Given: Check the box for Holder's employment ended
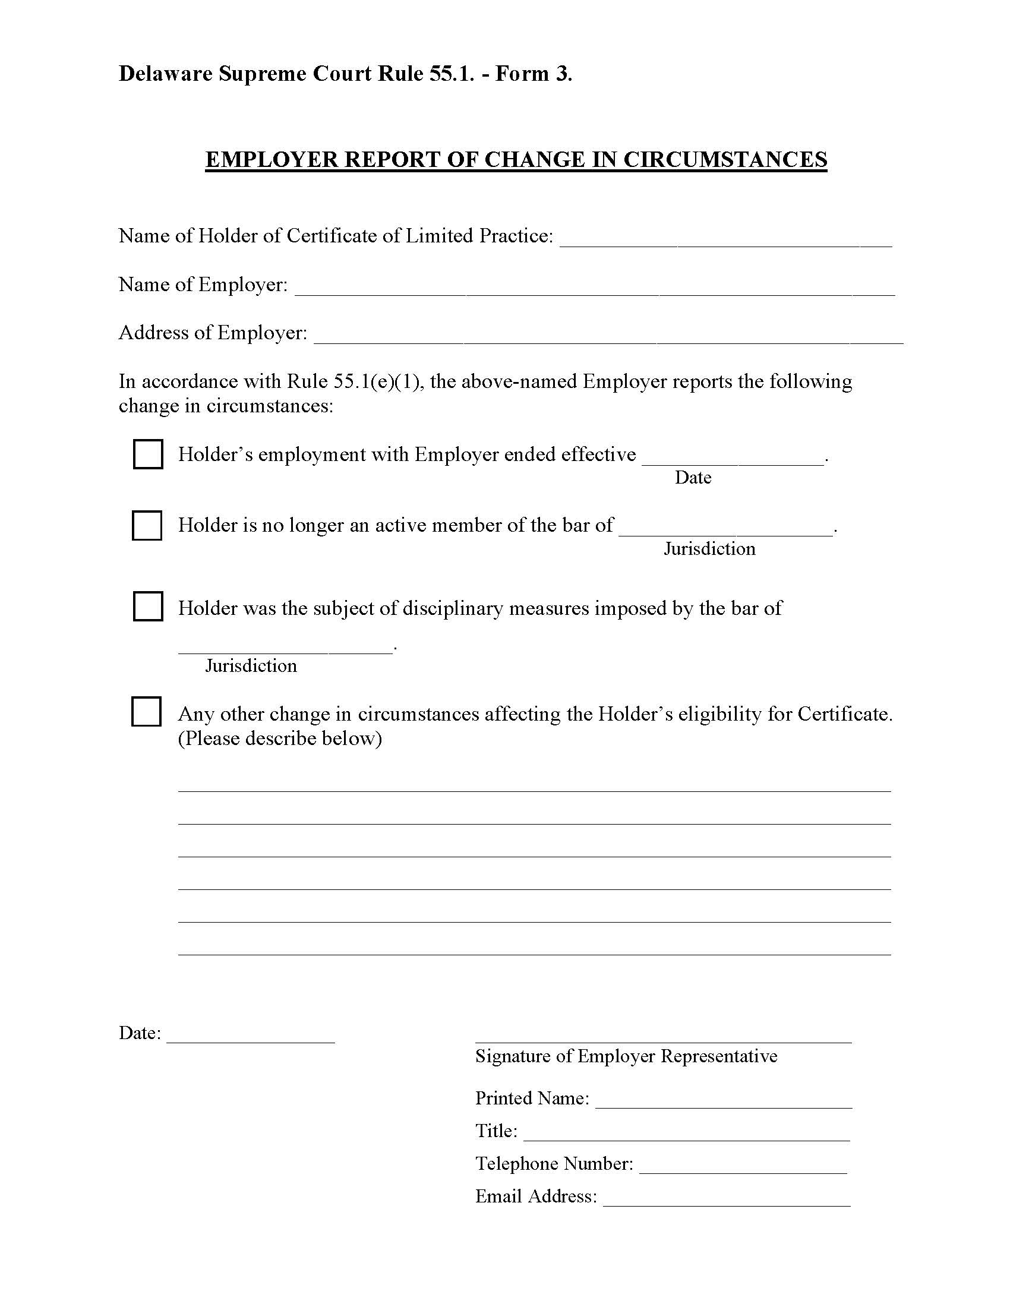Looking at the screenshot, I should pyautogui.click(x=147, y=454).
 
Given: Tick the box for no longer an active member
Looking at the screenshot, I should pyautogui.click(x=147, y=525).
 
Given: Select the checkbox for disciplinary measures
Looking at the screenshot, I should pyautogui.click(x=147, y=606).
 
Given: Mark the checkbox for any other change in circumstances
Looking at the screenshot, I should pyautogui.click(x=146, y=712).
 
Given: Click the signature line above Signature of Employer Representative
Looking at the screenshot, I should pyautogui.click(x=663, y=1041).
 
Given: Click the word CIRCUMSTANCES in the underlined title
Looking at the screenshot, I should pyautogui.click(x=725, y=160).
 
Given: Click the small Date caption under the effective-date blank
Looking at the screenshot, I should pyautogui.click(x=693, y=478).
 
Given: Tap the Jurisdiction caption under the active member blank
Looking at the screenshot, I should pyautogui.click(x=709, y=549).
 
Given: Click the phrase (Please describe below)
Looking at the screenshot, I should pyautogui.click(x=280, y=738).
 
